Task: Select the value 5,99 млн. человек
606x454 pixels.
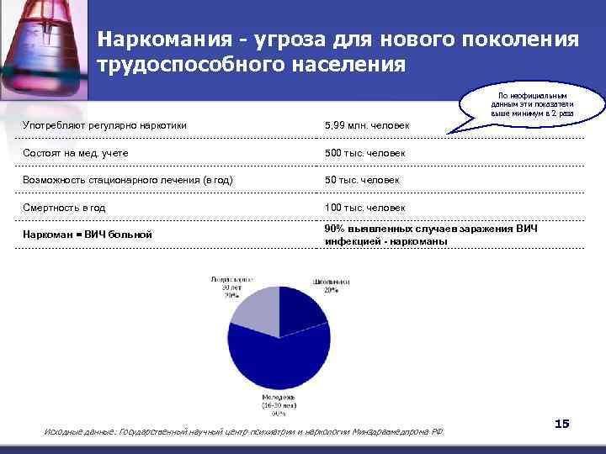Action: point(367,126)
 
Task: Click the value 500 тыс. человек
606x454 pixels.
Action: point(364,153)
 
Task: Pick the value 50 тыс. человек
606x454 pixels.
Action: point(362,180)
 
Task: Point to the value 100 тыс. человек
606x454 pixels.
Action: point(364,207)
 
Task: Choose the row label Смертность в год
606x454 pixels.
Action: point(63,207)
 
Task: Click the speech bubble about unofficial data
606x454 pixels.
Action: point(532,103)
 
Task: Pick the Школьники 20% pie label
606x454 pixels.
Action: point(324,284)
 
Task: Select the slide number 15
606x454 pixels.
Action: point(562,424)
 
